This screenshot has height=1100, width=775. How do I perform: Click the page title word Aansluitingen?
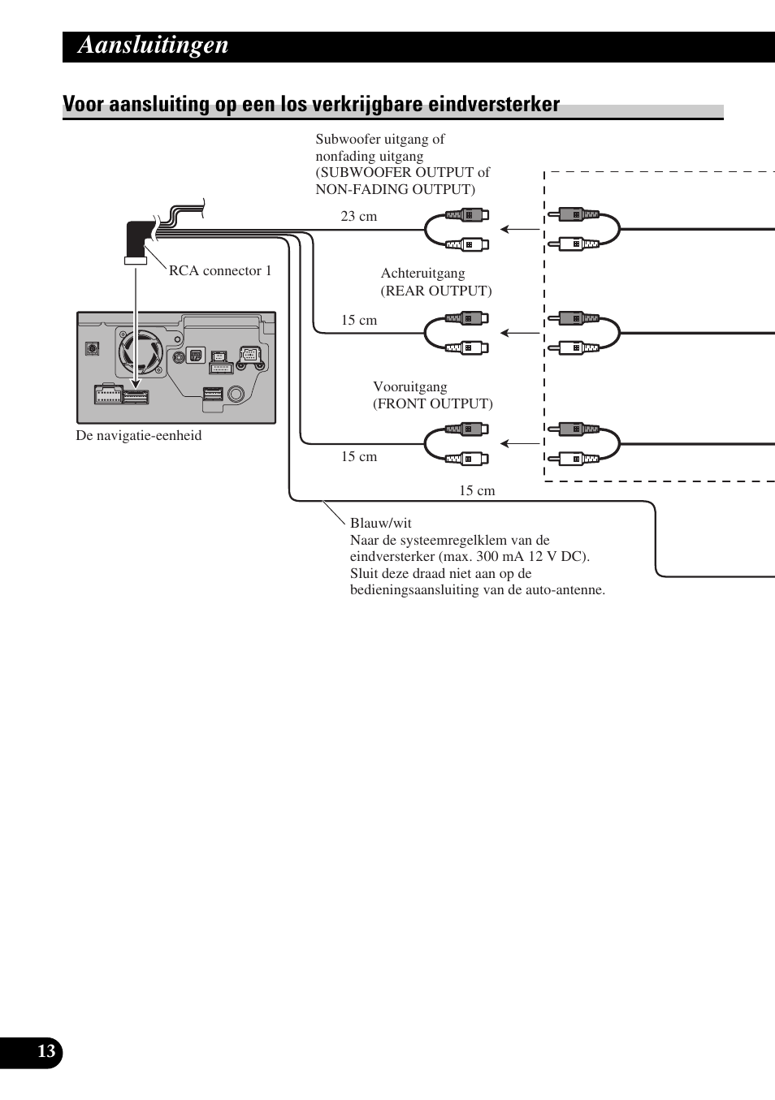coord(153,45)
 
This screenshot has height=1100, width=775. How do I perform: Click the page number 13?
coord(46,1052)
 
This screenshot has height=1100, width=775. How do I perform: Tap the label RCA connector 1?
coord(220,271)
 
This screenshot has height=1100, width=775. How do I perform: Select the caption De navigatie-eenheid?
coord(139,436)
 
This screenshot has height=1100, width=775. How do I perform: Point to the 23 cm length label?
coord(359,217)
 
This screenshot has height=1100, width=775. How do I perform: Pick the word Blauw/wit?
coord(381,524)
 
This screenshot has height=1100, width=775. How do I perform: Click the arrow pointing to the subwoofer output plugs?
coord(520,230)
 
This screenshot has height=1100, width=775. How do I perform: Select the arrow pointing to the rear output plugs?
coord(520,333)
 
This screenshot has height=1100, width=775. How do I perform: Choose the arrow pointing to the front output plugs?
coord(520,443)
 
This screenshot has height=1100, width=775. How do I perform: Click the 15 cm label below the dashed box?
coord(477,490)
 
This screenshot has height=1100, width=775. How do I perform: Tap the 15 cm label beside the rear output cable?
coord(359,321)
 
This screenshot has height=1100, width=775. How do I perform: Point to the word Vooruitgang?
coord(410,387)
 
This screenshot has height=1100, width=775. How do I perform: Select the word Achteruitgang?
coord(423,274)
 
